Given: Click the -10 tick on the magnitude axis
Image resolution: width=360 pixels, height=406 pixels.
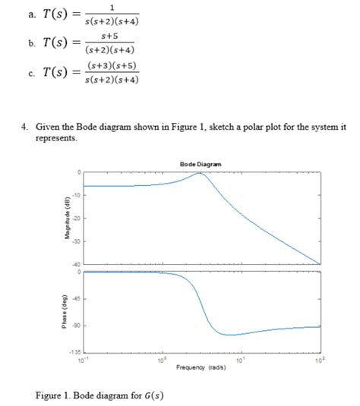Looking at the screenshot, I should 77,197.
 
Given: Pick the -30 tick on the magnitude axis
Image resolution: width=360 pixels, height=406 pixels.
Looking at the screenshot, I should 77,241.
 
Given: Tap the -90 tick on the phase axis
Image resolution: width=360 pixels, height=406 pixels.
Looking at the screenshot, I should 77,326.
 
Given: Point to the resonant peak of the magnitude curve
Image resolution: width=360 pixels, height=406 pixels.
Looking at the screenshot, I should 200,173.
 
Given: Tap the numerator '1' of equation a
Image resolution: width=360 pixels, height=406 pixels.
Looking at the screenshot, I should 112,5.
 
